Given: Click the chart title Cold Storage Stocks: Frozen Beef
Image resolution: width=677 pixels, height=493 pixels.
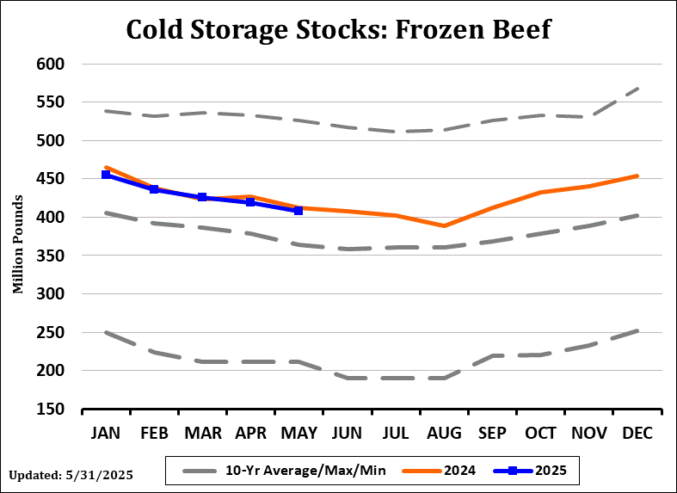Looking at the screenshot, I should [338, 28].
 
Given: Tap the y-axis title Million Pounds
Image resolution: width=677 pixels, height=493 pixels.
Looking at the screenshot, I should [17, 237].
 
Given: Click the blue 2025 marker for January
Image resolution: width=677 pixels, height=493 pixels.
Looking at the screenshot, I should [106, 175].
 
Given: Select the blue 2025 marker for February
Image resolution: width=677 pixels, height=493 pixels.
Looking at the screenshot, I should [154, 189].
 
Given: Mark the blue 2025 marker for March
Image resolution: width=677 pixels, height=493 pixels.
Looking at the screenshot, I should [202, 197].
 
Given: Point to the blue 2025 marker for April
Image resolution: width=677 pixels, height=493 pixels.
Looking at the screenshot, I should [250, 202].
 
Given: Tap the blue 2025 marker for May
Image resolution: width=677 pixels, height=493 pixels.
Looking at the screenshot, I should [298, 210].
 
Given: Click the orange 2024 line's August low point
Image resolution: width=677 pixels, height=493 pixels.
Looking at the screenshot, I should [444, 226].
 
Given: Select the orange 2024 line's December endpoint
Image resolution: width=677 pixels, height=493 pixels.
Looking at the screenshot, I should [637, 176].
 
